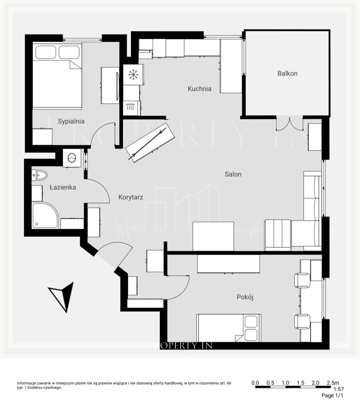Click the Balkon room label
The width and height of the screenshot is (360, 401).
[x=288, y=74]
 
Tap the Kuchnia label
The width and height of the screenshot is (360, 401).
[x=199, y=89]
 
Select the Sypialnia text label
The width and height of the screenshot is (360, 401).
[x=71, y=121]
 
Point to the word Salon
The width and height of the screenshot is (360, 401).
[x=233, y=174]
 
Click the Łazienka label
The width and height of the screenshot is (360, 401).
[x=63, y=187]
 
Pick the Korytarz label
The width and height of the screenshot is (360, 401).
[x=131, y=197]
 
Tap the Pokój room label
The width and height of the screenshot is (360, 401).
[x=245, y=297]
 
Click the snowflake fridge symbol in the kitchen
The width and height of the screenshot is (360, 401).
[x=133, y=75]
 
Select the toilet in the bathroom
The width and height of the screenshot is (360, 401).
[x=39, y=175]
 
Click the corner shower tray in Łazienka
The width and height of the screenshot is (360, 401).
[x=45, y=216]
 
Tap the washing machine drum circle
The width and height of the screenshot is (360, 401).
[x=72, y=158]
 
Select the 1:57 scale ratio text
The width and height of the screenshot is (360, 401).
[x=339, y=389]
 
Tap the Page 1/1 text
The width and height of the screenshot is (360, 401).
[x=333, y=395]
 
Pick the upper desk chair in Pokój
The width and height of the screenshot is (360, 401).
[x=302, y=280]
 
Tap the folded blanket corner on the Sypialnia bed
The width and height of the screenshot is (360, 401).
[x=75, y=65]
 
